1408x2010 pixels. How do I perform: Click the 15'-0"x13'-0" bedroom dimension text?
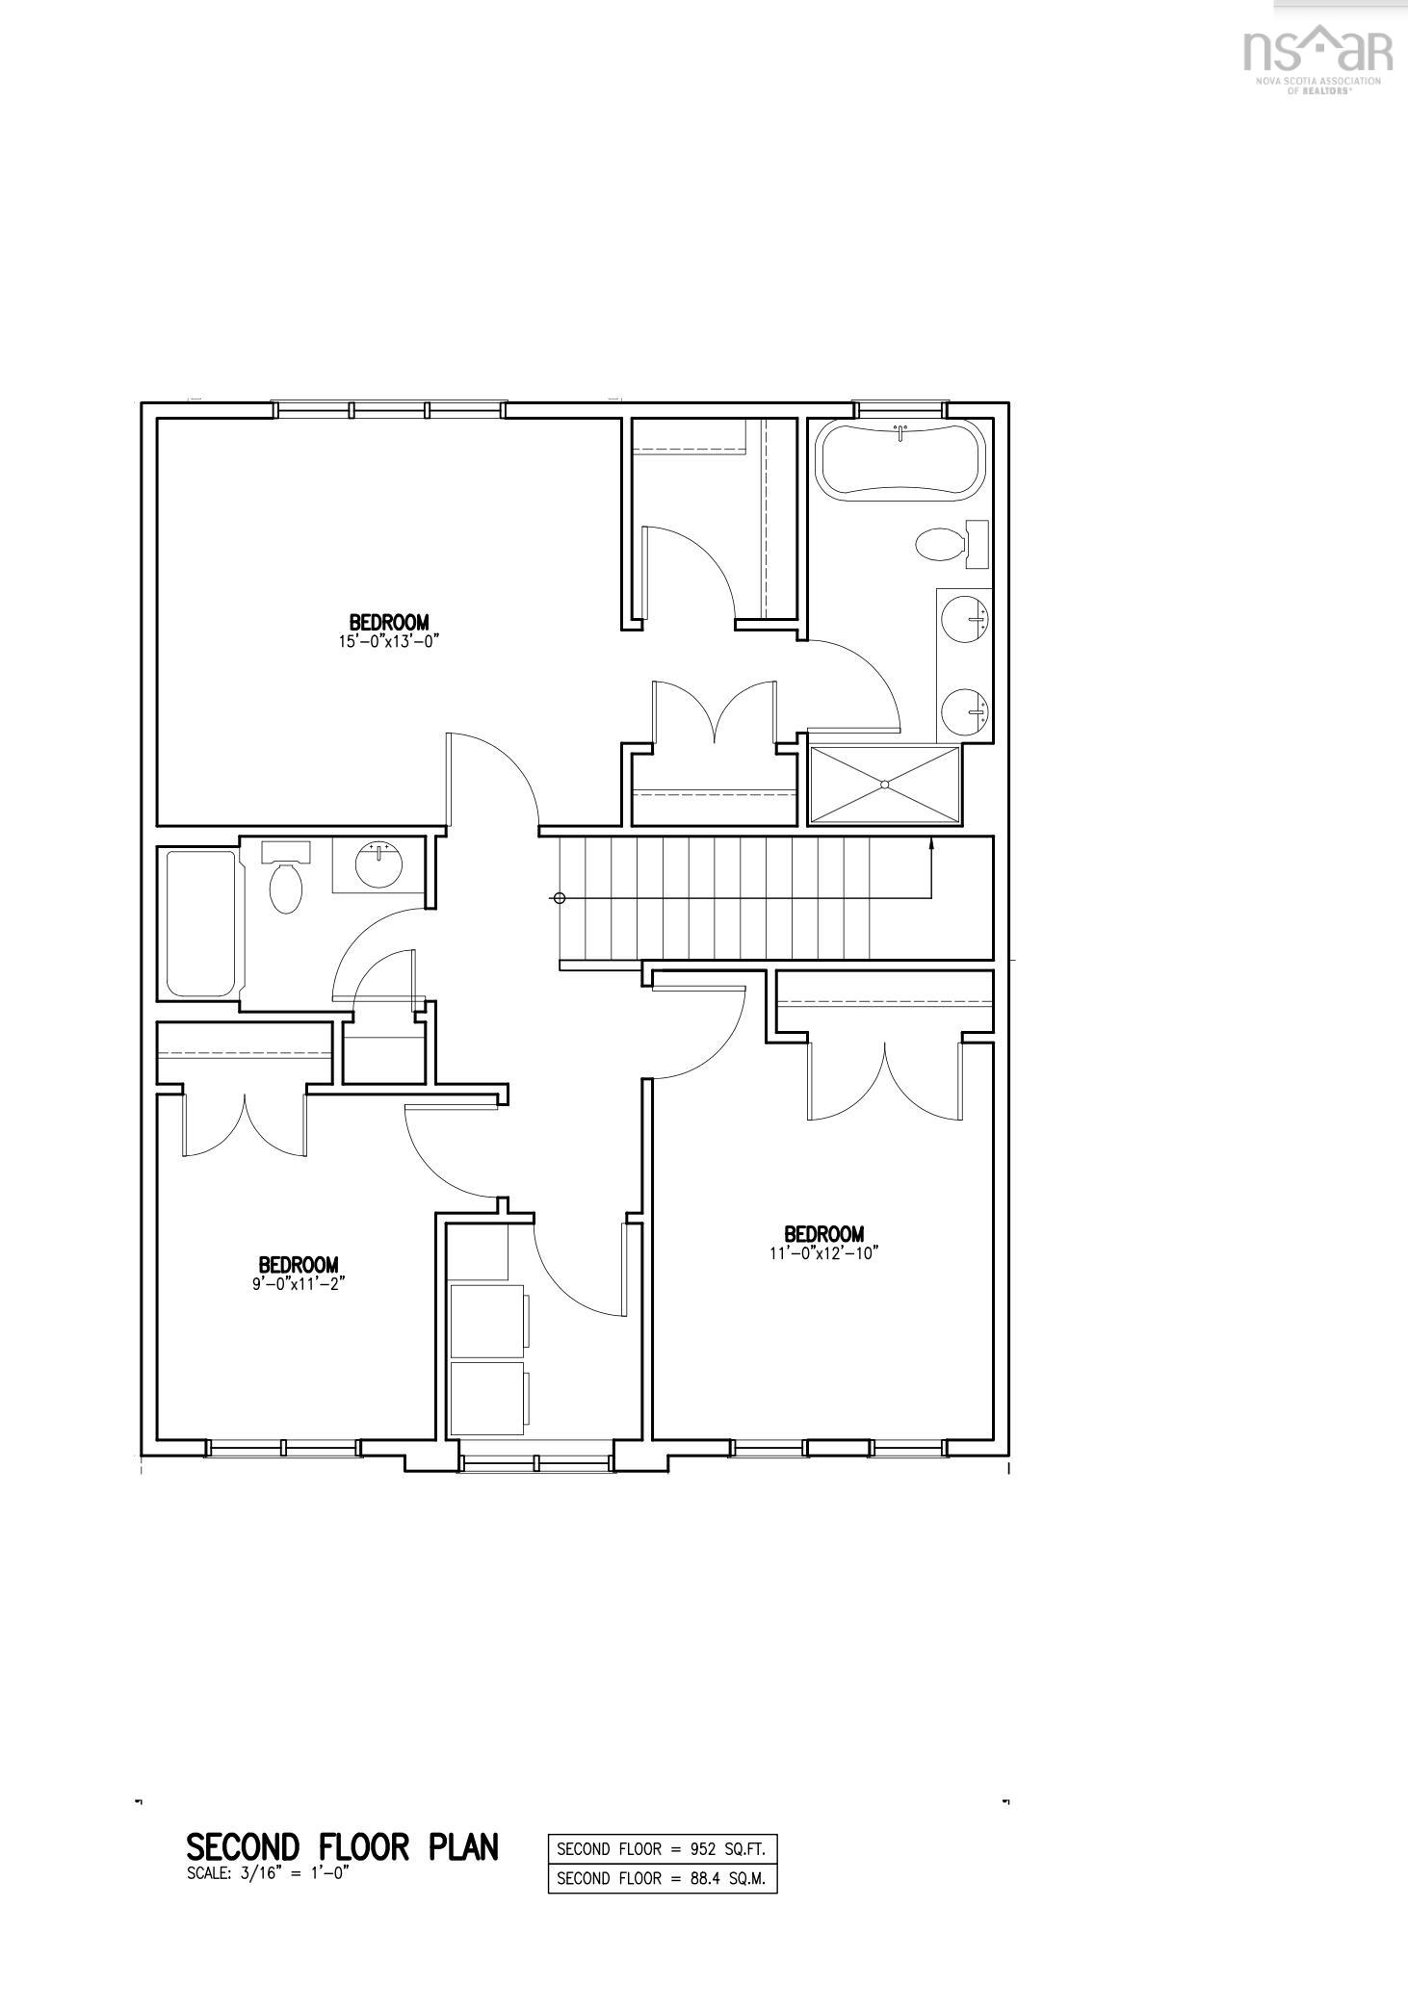tap(388, 641)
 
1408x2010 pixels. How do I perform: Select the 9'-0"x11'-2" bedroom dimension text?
tap(298, 1283)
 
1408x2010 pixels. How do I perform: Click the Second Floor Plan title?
tap(342, 1847)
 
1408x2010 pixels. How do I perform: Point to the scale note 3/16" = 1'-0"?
tap(267, 1873)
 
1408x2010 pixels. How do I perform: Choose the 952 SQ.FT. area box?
tap(662, 1848)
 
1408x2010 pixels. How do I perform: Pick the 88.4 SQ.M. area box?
tap(662, 1878)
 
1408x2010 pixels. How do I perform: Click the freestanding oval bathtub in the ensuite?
tap(900, 460)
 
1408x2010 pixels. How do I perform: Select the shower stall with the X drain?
tap(884, 786)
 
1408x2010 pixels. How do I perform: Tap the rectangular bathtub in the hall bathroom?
tap(200, 923)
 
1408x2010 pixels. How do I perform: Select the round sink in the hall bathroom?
tap(378, 863)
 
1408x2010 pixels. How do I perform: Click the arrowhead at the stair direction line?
tap(931, 844)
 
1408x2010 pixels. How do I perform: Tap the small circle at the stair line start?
tap(558, 898)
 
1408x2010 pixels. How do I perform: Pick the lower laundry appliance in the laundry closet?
tap(488, 1398)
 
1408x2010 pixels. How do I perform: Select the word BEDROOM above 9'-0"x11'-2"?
tap(298, 1264)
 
